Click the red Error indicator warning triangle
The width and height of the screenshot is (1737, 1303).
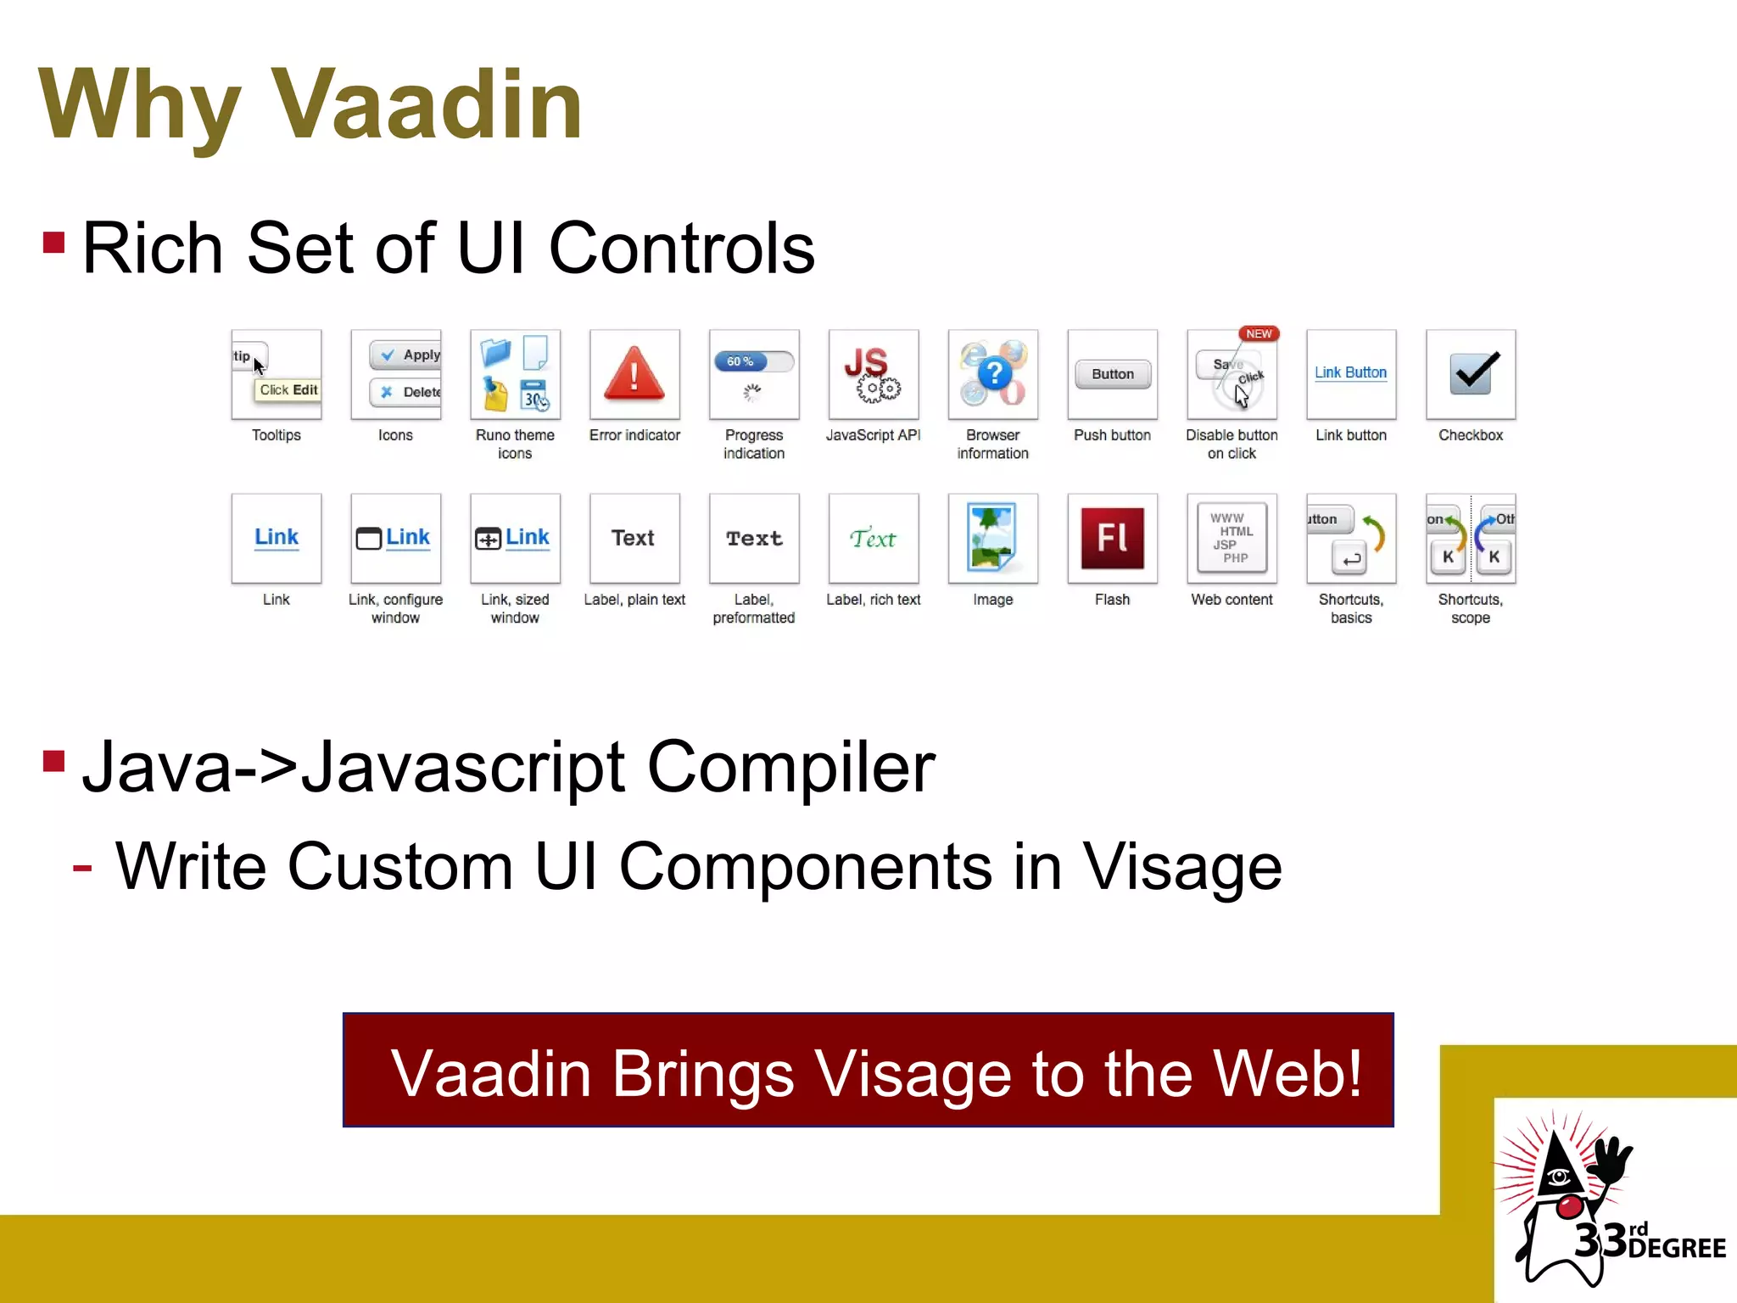pyautogui.click(x=634, y=374)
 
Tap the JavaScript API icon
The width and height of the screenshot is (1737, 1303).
pyautogui.click(x=874, y=374)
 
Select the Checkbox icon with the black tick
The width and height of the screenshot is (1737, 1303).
pyautogui.click(x=1471, y=374)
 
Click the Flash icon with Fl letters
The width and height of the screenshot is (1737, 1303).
pyautogui.click(x=1112, y=538)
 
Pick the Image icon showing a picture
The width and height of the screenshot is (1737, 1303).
pyautogui.click(x=992, y=538)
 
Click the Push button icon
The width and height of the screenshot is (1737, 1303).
pyautogui.click(x=1112, y=374)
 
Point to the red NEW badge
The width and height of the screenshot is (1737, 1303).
pyautogui.click(x=1259, y=333)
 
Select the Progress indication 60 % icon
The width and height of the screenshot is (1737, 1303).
pyautogui.click(x=754, y=374)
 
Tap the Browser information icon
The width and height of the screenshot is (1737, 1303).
pyautogui.click(x=992, y=374)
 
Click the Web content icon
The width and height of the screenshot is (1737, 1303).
pyautogui.click(x=1232, y=538)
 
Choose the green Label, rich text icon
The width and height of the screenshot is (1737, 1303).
pyautogui.click(x=874, y=538)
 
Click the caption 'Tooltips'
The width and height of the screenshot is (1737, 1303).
pyautogui.click(x=276, y=435)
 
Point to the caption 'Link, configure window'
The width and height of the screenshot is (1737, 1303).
pyautogui.click(x=395, y=608)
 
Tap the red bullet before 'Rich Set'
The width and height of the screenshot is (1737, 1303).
pyautogui.click(x=53, y=243)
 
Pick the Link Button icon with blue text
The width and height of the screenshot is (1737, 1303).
pyautogui.click(x=1350, y=374)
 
